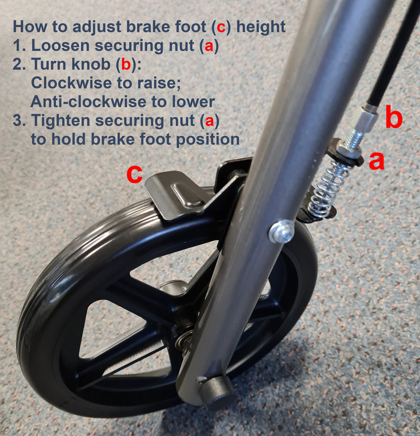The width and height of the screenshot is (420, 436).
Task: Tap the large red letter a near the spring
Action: pyautogui.click(x=376, y=161)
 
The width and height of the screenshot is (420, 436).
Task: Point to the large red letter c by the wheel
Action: pyautogui.click(x=134, y=174)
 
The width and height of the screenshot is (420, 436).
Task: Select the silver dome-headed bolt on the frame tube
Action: pyautogui.click(x=282, y=231)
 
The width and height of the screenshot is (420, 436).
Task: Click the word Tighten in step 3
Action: pyautogui.click(x=60, y=121)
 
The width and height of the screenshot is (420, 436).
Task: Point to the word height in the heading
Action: pyautogui.click(x=261, y=27)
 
